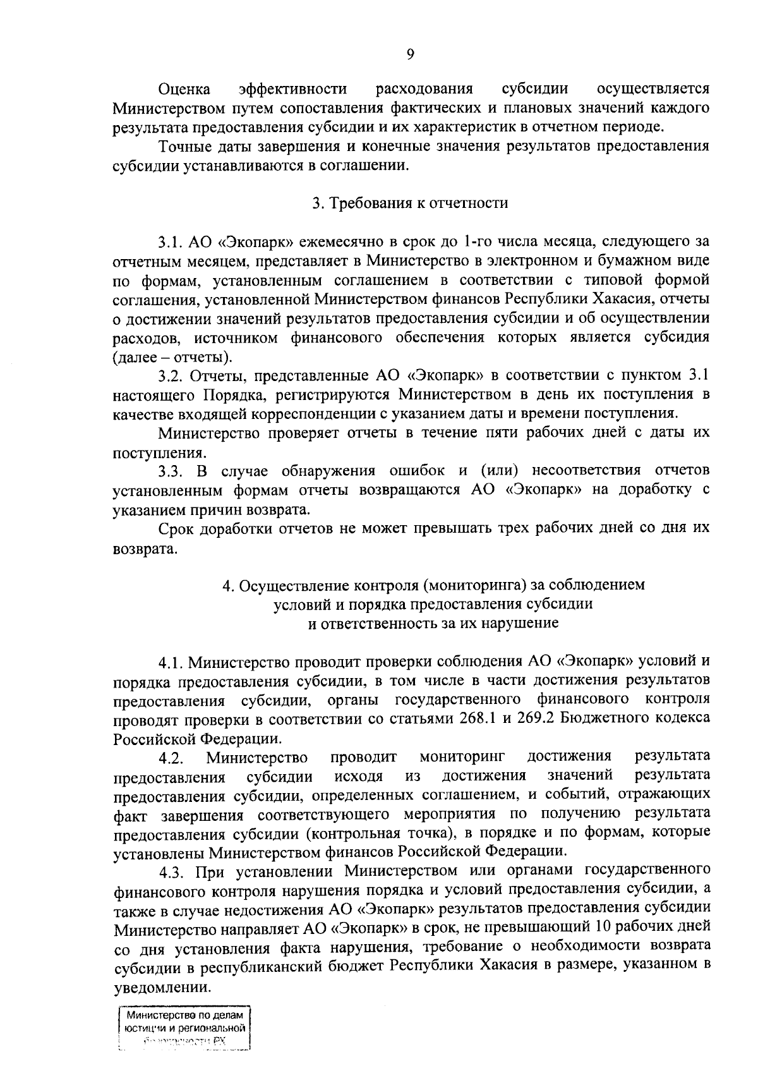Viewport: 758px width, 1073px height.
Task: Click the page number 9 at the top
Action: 410,55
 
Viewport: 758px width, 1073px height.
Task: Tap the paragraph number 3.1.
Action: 170,242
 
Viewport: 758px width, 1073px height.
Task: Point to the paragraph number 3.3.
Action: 170,471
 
